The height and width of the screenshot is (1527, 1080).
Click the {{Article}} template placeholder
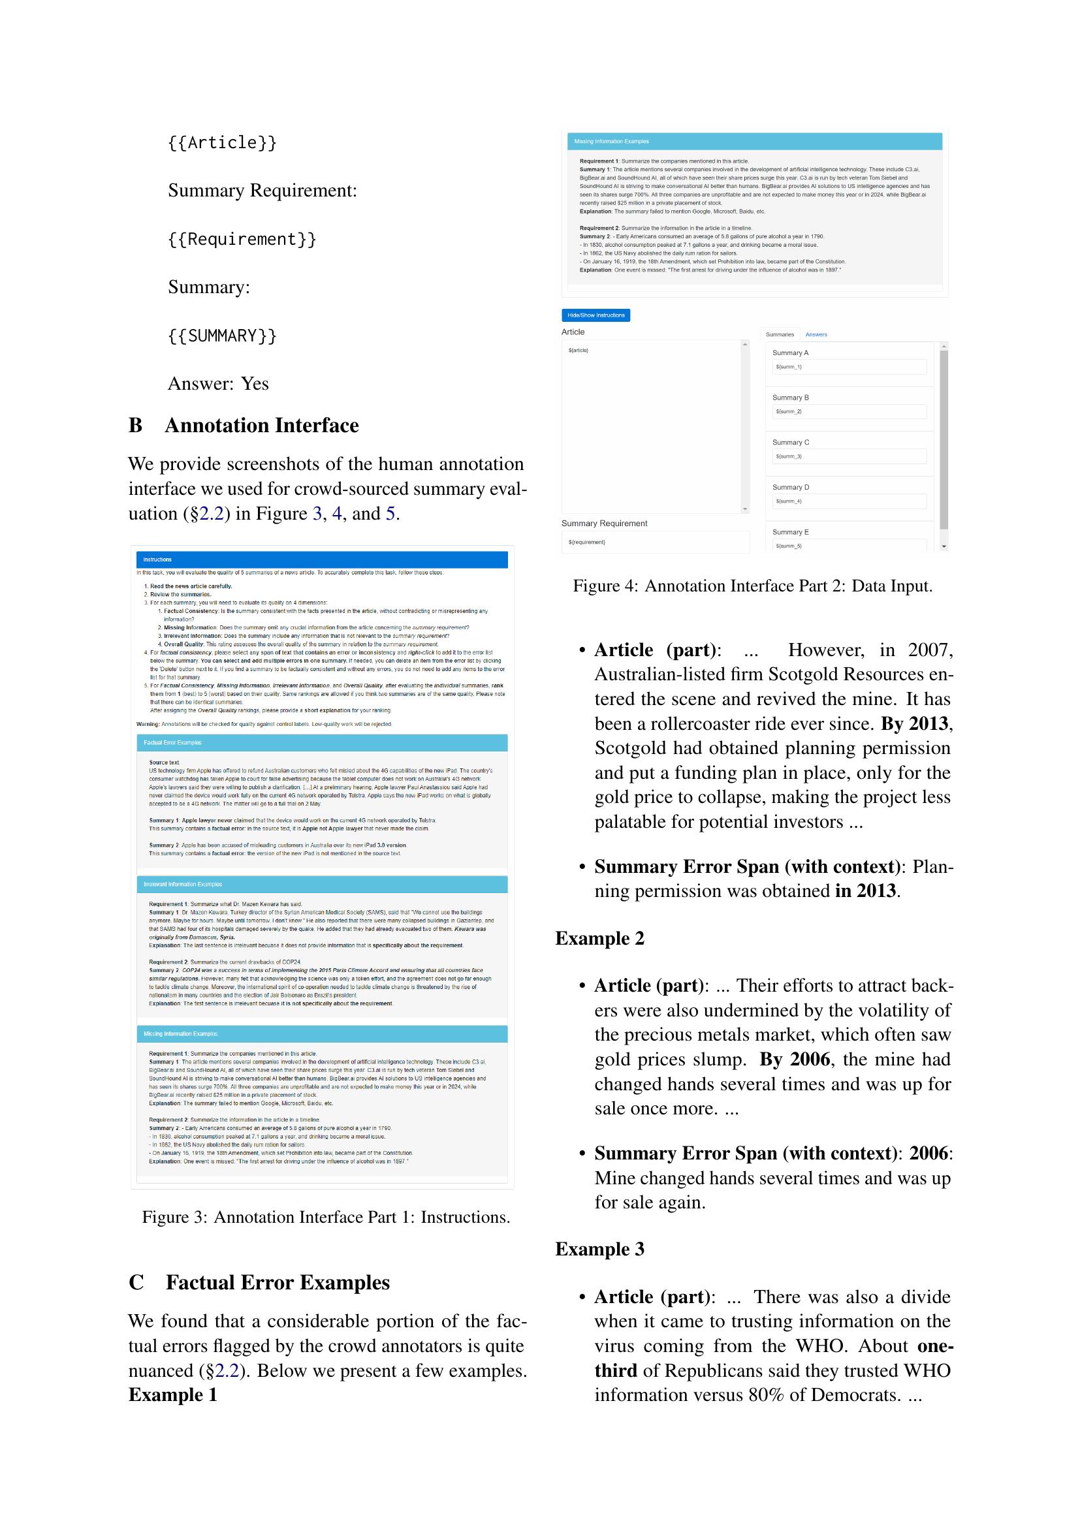click(222, 142)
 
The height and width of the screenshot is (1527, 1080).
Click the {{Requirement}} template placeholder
click(242, 239)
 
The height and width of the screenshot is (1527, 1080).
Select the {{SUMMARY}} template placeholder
click(222, 335)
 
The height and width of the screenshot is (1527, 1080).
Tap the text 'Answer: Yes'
click(218, 384)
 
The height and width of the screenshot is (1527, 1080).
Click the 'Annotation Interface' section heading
click(261, 426)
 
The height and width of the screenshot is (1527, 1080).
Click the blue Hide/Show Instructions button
click(596, 315)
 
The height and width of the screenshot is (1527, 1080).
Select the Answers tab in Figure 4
click(816, 334)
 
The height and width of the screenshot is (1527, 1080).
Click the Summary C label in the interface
click(790, 442)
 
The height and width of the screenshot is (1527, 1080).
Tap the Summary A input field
click(849, 366)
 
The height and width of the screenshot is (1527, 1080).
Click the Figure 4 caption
click(753, 586)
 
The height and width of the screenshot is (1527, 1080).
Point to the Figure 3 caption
click(326, 1217)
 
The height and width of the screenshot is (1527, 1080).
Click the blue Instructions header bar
click(322, 559)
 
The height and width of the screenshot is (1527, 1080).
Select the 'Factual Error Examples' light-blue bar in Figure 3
click(322, 742)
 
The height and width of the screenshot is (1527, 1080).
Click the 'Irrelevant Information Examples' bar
click(322, 884)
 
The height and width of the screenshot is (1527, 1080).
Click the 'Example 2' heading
click(599, 938)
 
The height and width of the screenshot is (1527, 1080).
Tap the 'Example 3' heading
click(599, 1249)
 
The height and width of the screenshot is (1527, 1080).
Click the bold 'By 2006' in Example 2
click(795, 1060)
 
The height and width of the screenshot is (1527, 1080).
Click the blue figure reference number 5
click(390, 513)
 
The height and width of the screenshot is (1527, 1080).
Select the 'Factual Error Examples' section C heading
click(278, 1282)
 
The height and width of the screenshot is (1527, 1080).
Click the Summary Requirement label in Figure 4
click(604, 524)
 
